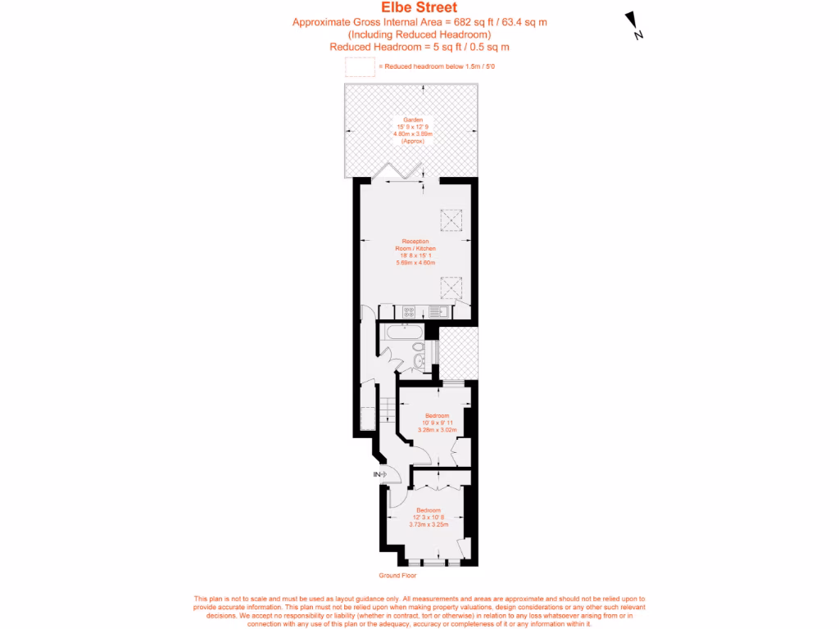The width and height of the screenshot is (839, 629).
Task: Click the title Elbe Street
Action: coord(419,9)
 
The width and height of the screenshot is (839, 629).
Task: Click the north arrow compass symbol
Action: coord(633,25)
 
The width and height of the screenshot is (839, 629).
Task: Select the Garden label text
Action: coord(413,120)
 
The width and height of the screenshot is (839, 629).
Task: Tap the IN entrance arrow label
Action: coord(378,474)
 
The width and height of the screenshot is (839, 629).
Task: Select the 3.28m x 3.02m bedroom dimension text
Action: coord(437,430)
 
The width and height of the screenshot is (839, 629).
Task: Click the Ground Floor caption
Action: coord(394,576)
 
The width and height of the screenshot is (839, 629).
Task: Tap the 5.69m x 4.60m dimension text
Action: coord(415,263)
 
